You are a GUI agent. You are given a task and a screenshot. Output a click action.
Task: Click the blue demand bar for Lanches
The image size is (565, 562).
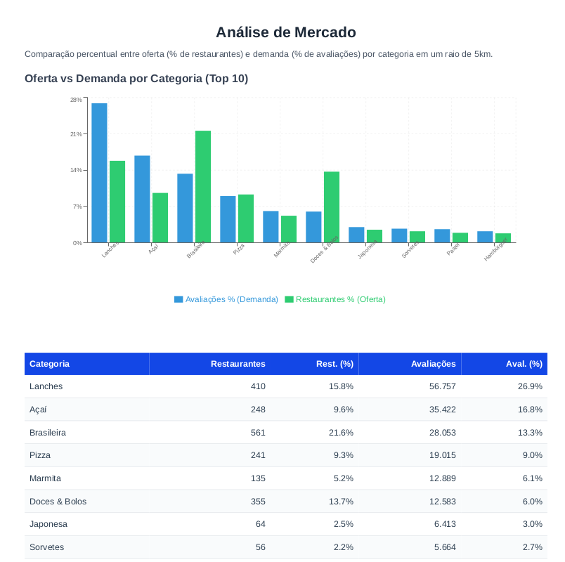pyautogui.click(x=99, y=173)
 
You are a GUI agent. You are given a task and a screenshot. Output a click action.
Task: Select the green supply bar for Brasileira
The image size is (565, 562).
pyautogui.click(x=203, y=187)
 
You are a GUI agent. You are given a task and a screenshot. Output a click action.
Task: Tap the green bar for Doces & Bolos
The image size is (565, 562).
pyautogui.click(x=332, y=207)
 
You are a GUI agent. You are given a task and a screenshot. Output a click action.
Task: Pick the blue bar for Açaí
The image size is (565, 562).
pyautogui.click(x=142, y=199)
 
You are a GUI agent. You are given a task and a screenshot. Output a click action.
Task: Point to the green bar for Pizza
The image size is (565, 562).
pyautogui.click(x=246, y=218)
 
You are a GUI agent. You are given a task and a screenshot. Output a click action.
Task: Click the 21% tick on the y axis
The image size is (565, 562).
pyautogui.click(x=76, y=134)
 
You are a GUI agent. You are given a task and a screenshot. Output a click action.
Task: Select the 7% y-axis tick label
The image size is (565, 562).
pyautogui.click(x=77, y=207)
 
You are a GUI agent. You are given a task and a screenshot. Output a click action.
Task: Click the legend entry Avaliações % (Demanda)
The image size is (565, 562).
pyautogui.click(x=226, y=299)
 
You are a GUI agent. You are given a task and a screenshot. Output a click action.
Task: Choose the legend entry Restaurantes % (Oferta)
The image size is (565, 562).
pyautogui.click(x=335, y=299)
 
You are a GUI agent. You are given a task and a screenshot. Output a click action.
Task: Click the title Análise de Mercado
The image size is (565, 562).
pyautogui.click(x=286, y=32)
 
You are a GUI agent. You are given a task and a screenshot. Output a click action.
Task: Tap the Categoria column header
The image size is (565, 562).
pyautogui.click(x=49, y=364)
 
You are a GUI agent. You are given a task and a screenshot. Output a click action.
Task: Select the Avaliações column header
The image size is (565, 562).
pyautogui.click(x=433, y=364)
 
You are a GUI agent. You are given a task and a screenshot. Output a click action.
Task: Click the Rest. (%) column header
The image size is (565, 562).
pyautogui.click(x=335, y=364)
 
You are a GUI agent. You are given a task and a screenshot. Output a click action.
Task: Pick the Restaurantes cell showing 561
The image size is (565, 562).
pyautogui.click(x=258, y=433)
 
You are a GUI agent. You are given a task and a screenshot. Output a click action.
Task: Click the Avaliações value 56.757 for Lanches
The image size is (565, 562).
pyautogui.click(x=442, y=386)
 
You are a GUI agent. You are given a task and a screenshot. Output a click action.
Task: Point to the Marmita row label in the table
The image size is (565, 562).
pyautogui.click(x=45, y=478)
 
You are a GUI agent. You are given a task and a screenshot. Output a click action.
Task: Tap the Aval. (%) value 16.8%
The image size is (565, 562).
pyautogui.click(x=530, y=410)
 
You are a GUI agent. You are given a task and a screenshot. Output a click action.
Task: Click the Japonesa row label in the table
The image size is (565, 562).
pyautogui.click(x=48, y=524)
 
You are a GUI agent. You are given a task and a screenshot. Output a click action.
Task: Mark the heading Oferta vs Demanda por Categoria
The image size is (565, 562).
pyautogui.click(x=136, y=79)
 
